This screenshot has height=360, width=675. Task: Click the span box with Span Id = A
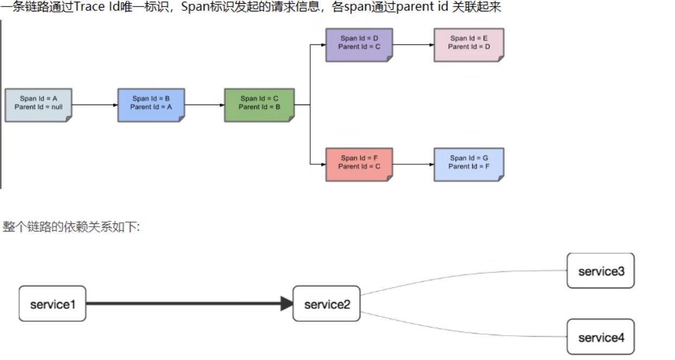(x=38, y=105)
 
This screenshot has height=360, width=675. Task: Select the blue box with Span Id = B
(x=151, y=105)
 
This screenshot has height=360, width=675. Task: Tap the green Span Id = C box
(x=259, y=105)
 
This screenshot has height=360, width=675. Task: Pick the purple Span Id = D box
(x=359, y=44)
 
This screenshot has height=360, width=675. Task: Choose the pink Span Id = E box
(x=469, y=44)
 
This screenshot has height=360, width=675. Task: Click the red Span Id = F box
(x=359, y=164)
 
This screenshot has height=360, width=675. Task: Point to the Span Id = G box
(x=469, y=164)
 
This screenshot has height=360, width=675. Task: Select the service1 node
(x=53, y=304)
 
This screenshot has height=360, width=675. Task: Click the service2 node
(x=326, y=304)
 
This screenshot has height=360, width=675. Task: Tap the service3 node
(x=600, y=271)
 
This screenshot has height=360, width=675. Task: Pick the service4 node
(x=600, y=337)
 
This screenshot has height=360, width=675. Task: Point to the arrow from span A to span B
(x=94, y=105)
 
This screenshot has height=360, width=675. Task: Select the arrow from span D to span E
(x=413, y=44)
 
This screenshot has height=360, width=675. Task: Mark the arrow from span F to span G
(x=413, y=164)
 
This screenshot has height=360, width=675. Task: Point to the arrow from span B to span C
(x=204, y=105)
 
